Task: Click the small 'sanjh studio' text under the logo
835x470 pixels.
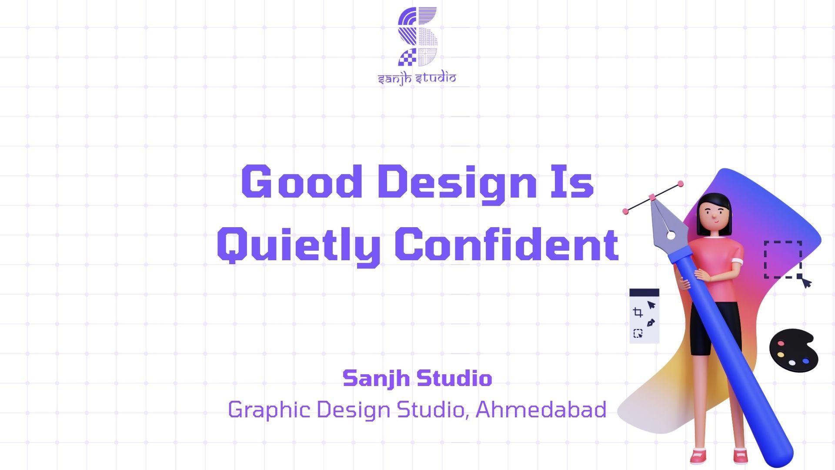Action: tap(417, 79)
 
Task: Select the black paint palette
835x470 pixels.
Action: tap(793, 351)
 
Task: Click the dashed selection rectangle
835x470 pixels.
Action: tap(783, 259)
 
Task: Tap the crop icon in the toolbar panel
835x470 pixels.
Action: tap(638, 312)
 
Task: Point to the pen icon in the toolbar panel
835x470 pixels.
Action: tap(651, 323)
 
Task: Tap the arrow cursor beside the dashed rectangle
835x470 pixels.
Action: tap(807, 283)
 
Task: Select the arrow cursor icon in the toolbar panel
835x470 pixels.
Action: tap(651, 305)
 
